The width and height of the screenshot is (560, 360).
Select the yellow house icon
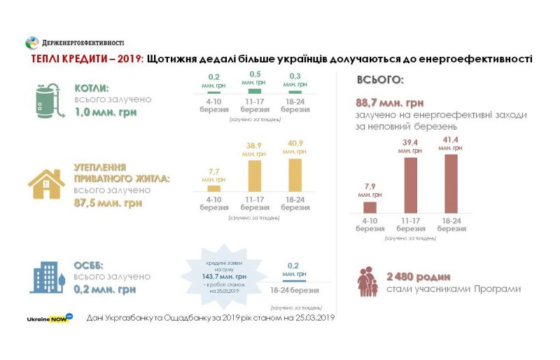click(x=45, y=184)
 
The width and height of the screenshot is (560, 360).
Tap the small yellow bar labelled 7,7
click(x=214, y=188)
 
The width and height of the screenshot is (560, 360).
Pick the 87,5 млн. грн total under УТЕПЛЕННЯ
click(x=108, y=203)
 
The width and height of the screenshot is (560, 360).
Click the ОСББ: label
click(x=90, y=265)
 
